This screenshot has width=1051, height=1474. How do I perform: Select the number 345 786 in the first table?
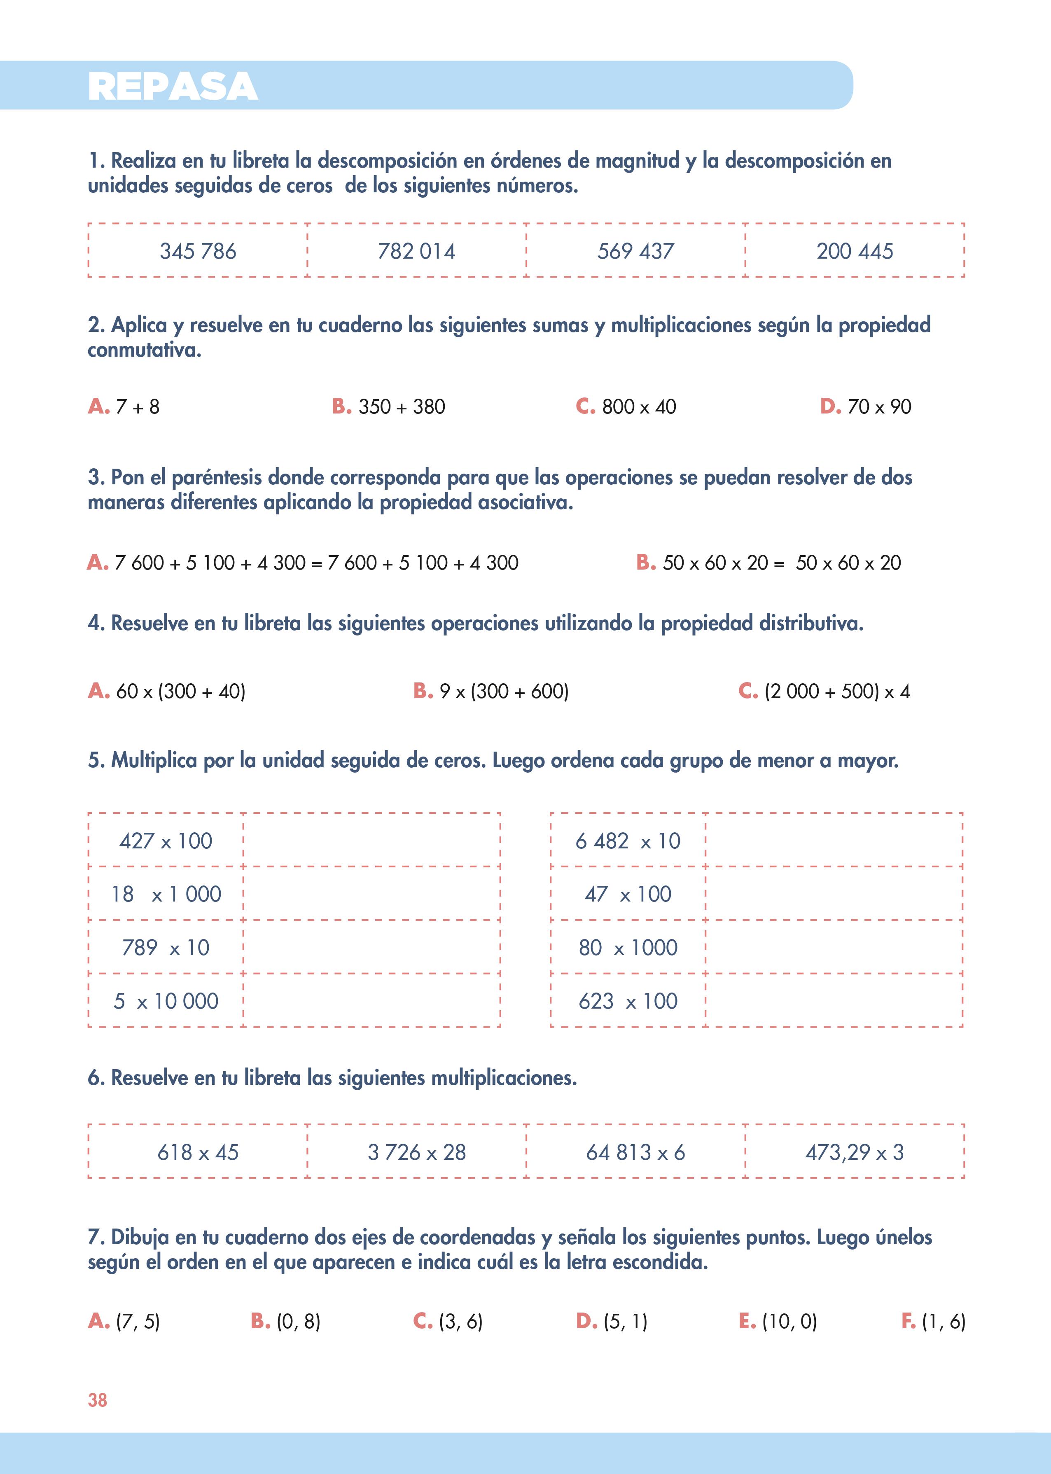click(x=198, y=251)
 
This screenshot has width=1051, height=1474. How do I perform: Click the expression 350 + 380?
click(x=401, y=407)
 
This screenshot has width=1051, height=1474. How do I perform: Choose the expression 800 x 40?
click(x=639, y=407)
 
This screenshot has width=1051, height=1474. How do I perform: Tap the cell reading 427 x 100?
click(x=166, y=841)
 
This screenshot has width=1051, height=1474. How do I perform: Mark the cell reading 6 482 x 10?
click(x=628, y=841)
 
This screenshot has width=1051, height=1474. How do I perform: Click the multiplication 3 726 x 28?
click(x=417, y=1152)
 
